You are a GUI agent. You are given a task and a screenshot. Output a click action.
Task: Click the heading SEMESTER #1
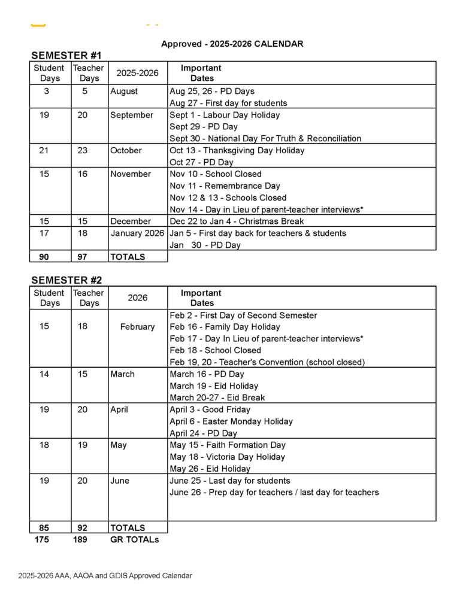pyautogui.click(x=66, y=56)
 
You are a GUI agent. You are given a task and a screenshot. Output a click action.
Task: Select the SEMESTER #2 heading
pyautogui.click(x=66, y=280)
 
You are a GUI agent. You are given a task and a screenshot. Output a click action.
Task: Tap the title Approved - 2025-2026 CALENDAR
pyautogui.click(x=232, y=44)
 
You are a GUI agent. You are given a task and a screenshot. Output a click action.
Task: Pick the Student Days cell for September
pyautogui.click(x=44, y=115)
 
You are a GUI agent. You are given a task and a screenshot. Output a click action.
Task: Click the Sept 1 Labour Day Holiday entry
pyautogui.click(x=225, y=115)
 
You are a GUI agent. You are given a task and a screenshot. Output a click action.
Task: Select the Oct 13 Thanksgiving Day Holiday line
pyautogui.click(x=237, y=150)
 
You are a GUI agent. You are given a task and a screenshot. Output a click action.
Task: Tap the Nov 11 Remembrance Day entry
pyautogui.click(x=225, y=186)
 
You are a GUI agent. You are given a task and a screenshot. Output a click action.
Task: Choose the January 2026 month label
pyautogui.click(x=137, y=233)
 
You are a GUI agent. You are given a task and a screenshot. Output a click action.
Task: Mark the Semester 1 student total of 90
pyautogui.click(x=44, y=257)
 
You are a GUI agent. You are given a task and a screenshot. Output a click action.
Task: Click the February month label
pyautogui.click(x=137, y=327)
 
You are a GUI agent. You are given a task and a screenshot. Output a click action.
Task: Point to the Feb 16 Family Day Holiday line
pyautogui.click(x=225, y=327)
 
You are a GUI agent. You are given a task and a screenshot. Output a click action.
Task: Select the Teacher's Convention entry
pyautogui.click(x=267, y=362)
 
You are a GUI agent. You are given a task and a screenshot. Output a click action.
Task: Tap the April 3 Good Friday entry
pyautogui.click(x=210, y=409)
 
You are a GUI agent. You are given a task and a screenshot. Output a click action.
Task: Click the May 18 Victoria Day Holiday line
pyautogui.click(x=227, y=457)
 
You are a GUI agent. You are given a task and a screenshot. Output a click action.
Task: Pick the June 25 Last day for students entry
pyautogui.click(x=229, y=481)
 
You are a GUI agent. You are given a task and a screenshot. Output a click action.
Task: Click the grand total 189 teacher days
pyautogui.click(x=80, y=539)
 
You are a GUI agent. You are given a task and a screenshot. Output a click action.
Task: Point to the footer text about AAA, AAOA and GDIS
pyautogui.click(x=105, y=576)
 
